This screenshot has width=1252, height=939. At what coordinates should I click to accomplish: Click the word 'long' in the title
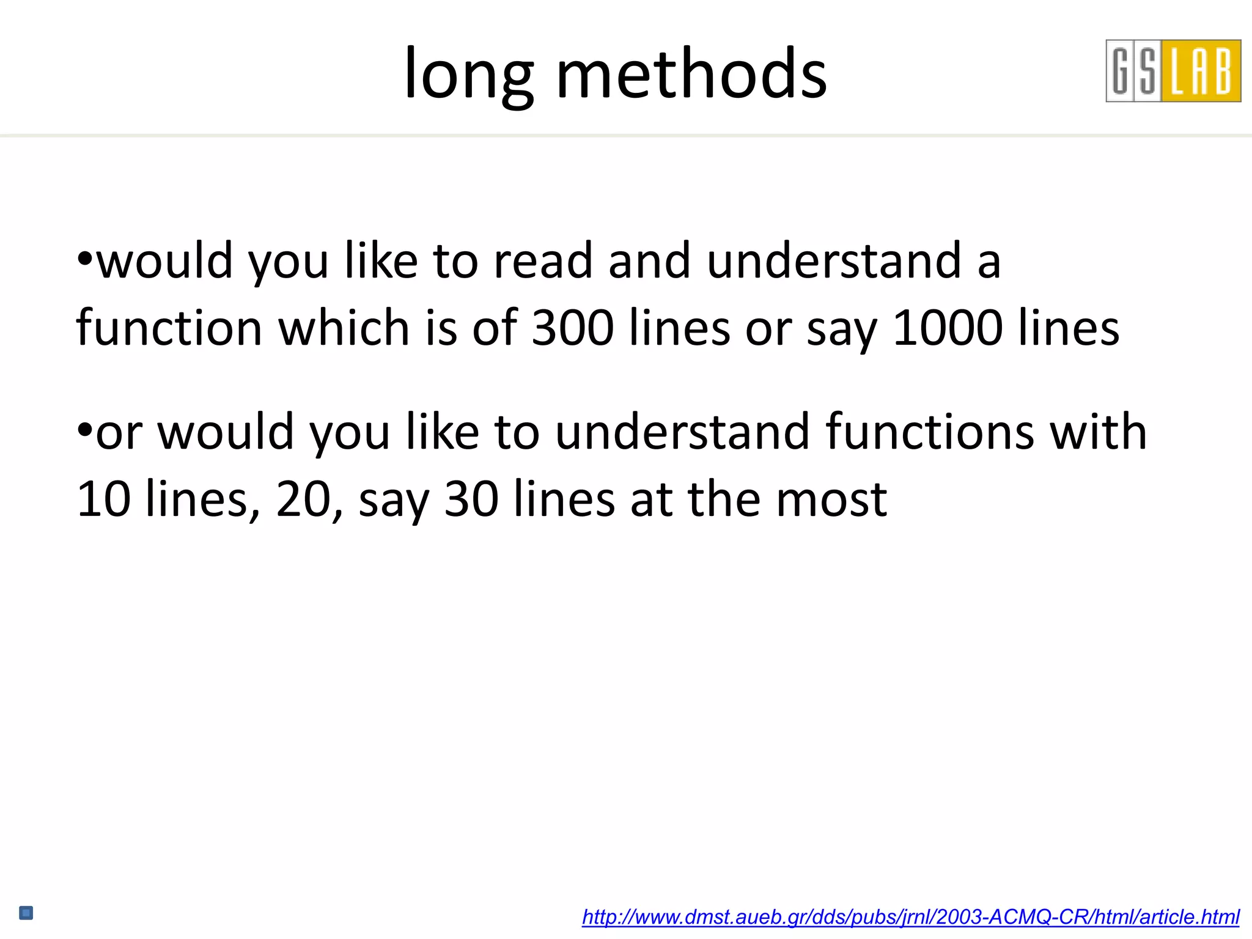468,75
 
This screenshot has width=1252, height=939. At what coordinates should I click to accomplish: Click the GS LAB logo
1173,71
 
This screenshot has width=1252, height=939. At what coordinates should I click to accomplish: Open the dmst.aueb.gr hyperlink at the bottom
910,916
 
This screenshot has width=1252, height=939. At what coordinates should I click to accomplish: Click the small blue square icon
26,913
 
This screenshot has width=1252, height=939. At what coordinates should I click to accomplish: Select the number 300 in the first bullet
573,328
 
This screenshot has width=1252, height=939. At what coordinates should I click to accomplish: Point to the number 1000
947,328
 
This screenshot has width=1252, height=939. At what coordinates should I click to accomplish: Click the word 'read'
543,261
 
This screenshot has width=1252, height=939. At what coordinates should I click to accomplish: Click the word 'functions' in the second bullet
929,432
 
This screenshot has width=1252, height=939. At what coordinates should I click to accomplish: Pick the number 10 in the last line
103,499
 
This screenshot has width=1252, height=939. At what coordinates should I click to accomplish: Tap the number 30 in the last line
471,499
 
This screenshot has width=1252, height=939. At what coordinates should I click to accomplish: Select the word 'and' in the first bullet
649,261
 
